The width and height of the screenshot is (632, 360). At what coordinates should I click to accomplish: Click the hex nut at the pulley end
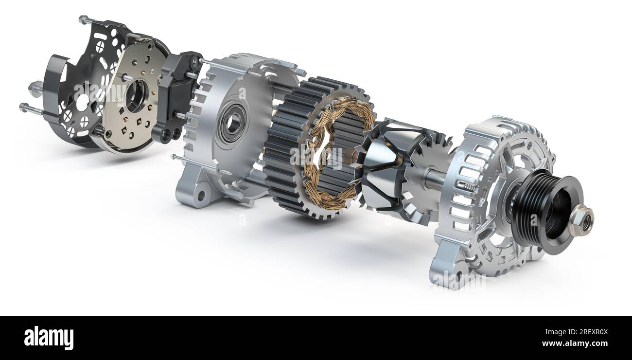(x=581, y=219)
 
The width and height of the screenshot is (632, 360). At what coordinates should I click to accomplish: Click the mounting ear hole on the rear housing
(x=199, y=194)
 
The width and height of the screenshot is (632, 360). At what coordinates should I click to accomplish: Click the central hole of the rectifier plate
(x=135, y=95)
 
